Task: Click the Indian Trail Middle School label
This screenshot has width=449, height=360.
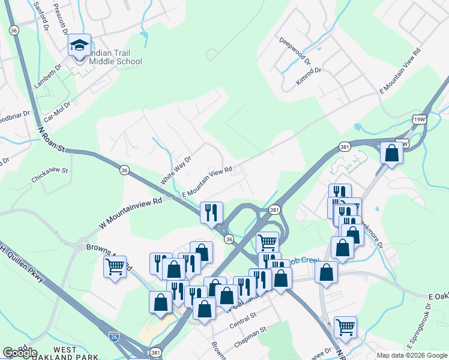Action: [x=115, y=57]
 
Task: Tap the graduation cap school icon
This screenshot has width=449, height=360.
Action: [x=79, y=45]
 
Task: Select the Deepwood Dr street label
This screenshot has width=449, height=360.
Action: [x=295, y=50]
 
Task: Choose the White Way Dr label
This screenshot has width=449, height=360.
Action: [x=175, y=170]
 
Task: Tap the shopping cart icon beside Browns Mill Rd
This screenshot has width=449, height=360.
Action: [x=115, y=266]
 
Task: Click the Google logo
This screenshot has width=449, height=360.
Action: [x=20, y=353]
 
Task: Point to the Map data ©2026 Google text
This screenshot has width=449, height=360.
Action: [x=411, y=355]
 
